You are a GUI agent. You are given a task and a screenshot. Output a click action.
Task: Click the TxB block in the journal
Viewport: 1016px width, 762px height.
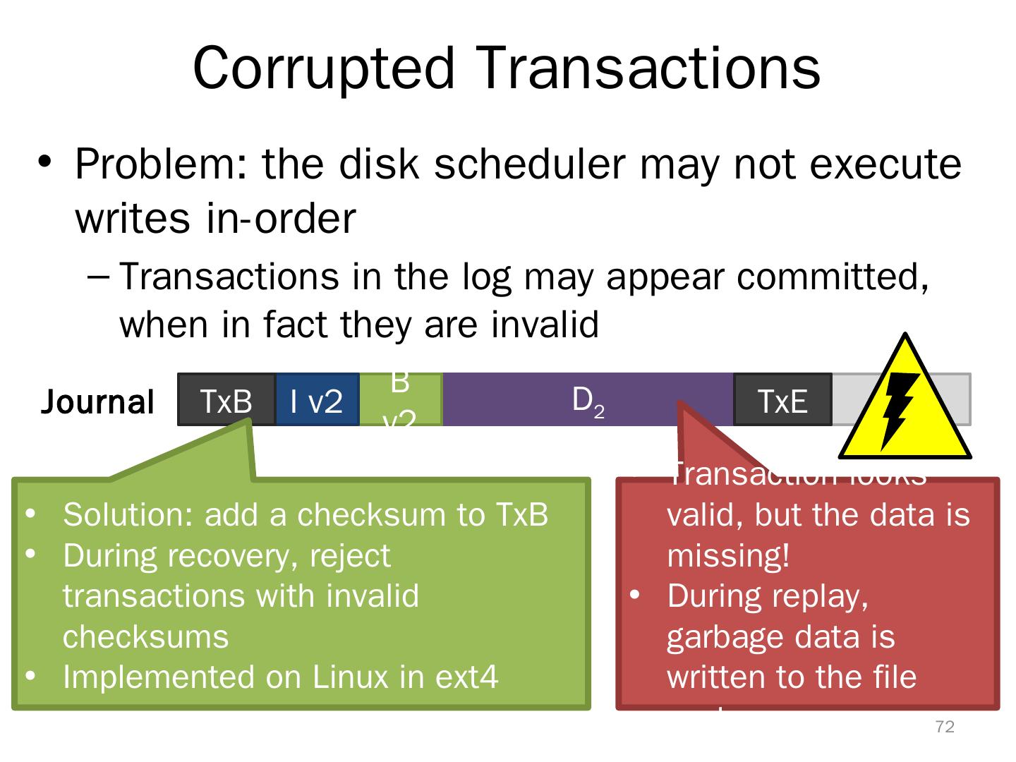pyautogui.click(x=226, y=400)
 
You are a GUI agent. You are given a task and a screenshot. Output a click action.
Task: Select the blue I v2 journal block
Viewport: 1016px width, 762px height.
pyautogui.click(x=317, y=400)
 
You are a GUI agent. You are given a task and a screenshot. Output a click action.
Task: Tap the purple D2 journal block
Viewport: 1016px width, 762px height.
pyautogui.click(x=587, y=400)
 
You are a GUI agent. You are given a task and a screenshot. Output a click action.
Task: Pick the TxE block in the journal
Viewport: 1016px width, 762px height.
pyautogui.click(x=782, y=400)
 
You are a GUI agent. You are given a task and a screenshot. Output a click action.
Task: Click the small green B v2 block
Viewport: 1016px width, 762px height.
pyautogui.click(x=400, y=400)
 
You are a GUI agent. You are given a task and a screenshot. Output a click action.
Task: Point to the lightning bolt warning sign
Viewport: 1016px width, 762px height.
pyautogui.click(x=904, y=399)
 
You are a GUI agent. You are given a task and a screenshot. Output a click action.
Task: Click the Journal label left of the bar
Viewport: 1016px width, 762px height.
pyautogui.click(x=97, y=402)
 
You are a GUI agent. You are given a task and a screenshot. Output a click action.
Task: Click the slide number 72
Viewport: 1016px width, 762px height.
pyautogui.click(x=944, y=727)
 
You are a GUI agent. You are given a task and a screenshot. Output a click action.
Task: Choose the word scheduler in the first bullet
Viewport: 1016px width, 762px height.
pyautogui.click(x=529, y=164)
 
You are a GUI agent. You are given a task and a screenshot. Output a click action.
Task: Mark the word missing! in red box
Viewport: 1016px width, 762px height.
pyautogui.click(x=728, y=555)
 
